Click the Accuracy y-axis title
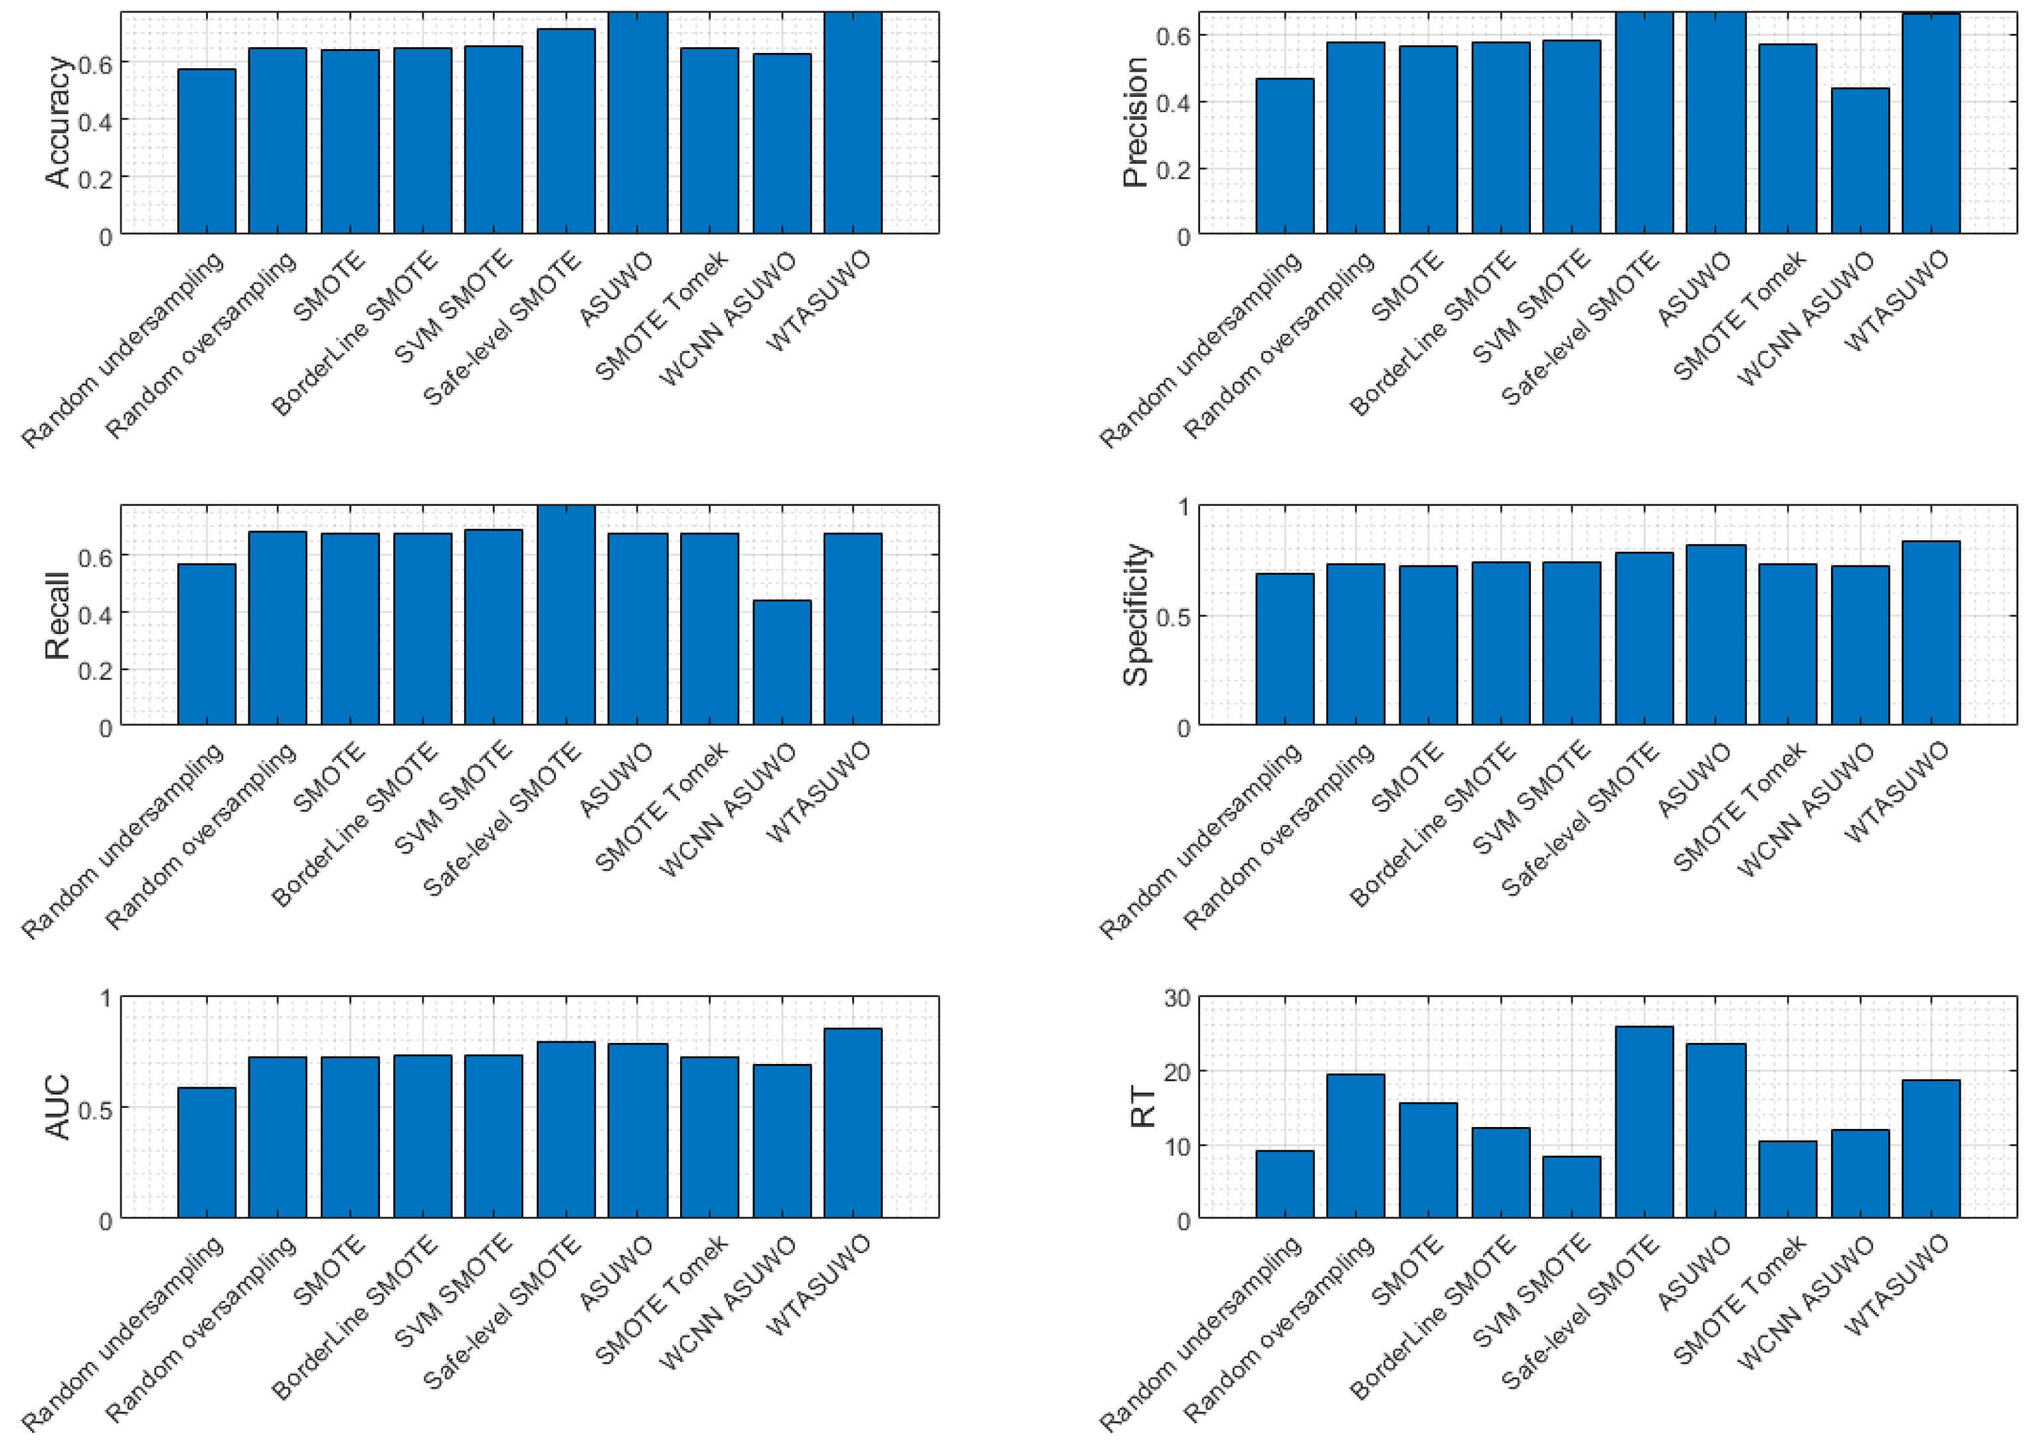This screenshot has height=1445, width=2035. point(57,122)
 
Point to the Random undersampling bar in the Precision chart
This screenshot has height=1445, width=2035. point(1284,157)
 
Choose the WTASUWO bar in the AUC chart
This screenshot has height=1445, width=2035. point(852,1123)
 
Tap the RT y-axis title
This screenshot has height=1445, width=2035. point(1142,1108)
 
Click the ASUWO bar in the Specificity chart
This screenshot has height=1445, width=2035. point(1716,635)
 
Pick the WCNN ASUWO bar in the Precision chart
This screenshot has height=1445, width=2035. point(1859,161)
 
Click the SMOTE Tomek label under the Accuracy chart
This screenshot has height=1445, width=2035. point(661,317)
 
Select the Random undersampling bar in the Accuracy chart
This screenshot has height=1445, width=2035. point(207,151)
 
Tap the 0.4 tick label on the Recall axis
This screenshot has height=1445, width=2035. point(95,614)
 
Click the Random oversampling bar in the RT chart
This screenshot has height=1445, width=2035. point(1355,1146)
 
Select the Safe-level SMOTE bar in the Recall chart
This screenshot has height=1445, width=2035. point(565,616)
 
